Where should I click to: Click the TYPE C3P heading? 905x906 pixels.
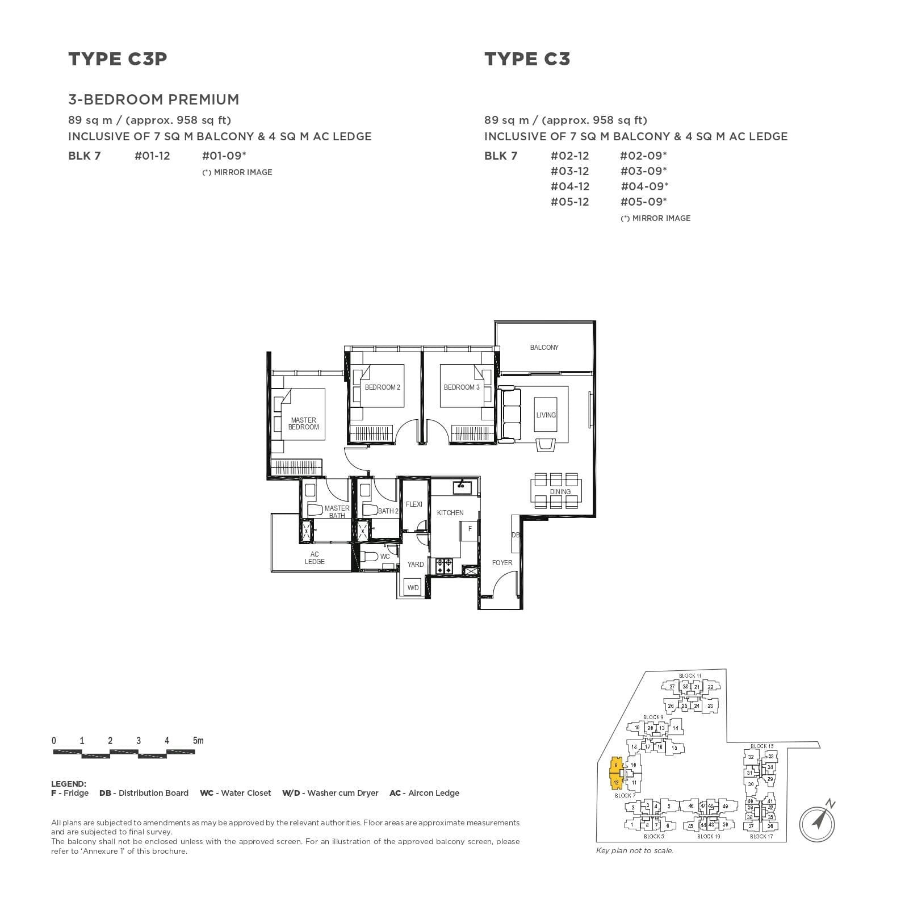(x=118, y=59)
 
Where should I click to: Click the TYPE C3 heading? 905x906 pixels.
(x=527, y=59)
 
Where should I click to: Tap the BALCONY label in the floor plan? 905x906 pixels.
(x=544, y=348)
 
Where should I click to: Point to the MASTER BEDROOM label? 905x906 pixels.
(x=303, y=424)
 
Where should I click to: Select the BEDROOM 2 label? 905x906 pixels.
(x=382, y=387)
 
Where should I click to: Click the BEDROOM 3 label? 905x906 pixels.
(x=462, y=387)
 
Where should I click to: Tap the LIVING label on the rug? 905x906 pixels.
(x=546, y=415)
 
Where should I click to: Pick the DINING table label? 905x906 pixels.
(x=560, y=492)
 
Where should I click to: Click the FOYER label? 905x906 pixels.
(x=502, y=563)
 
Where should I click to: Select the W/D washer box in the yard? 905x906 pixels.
(x=413, y=588)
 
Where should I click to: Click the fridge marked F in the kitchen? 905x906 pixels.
(x=470, y=529)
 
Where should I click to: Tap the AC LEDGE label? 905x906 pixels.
(x=314, y=558)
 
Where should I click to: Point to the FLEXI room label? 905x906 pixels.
(x=414, y=504)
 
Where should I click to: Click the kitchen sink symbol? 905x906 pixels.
(x=462, y=486)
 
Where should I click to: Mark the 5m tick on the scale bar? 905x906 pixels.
(x=198, y=741)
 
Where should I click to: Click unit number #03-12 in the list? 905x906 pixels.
(x=569, y=171)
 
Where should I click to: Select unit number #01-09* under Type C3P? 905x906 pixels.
(x=224, y=156)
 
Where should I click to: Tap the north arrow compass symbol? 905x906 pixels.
(x=818, y=821)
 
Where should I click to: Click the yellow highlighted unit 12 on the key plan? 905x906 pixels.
(x=616, y=783)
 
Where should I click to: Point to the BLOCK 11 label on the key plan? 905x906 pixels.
(x=690, y=676)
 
